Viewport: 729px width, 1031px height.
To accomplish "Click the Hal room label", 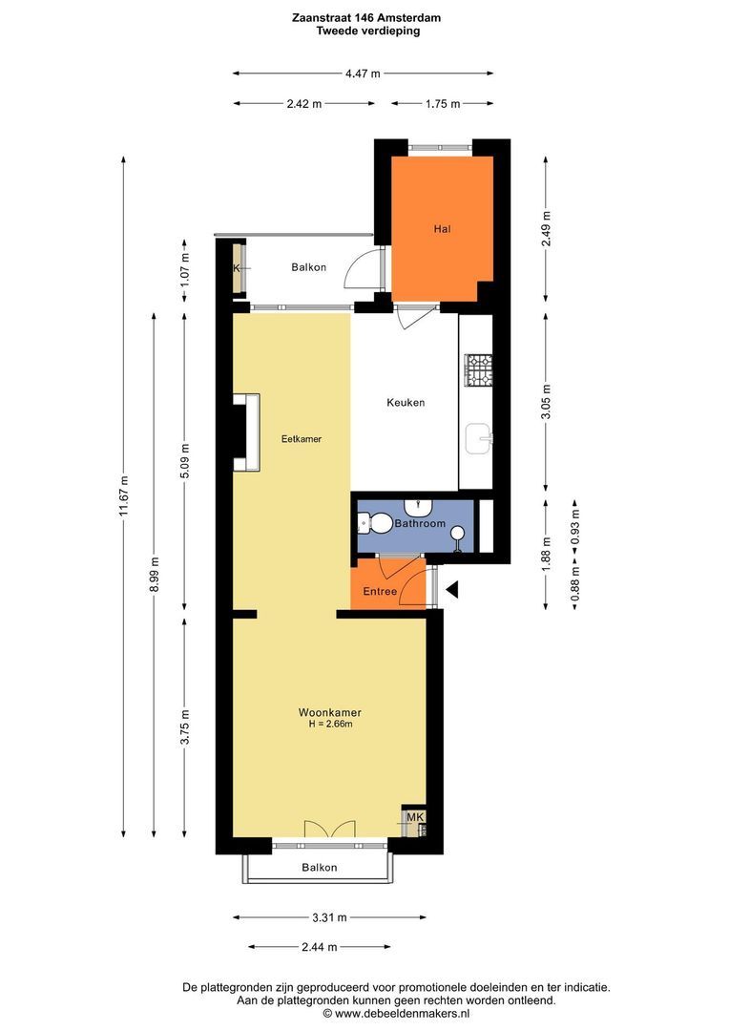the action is click(442, 229).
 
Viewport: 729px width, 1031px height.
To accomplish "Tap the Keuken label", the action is click(406, 403).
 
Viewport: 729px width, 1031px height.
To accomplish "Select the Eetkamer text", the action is click(302, 438).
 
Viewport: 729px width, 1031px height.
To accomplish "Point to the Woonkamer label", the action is click(330, 712).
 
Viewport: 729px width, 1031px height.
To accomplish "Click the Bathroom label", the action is click(420, 523).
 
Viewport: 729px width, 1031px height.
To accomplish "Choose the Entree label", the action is click(380, 591).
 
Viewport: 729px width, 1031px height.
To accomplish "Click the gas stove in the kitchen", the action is click(479, 369).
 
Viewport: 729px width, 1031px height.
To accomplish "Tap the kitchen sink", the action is click(479, 438).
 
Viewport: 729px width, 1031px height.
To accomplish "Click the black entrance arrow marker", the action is click(452, 590).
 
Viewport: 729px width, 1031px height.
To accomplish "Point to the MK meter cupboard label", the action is click(415, 816).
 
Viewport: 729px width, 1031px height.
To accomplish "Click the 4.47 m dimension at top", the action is click(363, 74).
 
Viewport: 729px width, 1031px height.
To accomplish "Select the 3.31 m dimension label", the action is click(329, 917).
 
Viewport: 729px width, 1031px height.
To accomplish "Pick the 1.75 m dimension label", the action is click(443, 103).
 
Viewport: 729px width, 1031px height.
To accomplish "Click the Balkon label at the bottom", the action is click(320, 867).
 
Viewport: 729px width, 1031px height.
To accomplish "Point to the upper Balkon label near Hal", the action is click(309, 267).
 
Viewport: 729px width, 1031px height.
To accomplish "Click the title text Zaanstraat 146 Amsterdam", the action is click(366, 18).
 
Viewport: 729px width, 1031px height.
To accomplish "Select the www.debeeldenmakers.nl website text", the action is click(403, 1013).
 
